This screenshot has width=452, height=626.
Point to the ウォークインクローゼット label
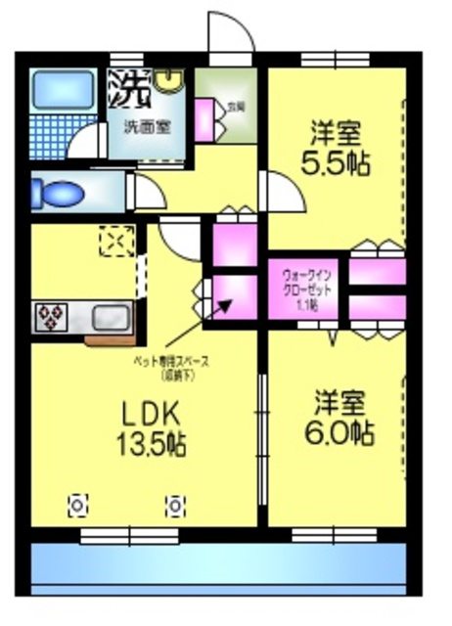(x=306, y=289)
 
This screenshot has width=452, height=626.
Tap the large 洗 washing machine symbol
(x=128, y=90)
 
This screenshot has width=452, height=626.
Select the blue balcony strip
(x=217, y=566)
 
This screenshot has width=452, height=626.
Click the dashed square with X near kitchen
(x=116, y=241)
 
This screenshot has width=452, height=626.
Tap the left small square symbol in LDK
(x=77, y=506)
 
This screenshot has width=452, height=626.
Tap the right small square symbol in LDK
(x=174, y=506)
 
